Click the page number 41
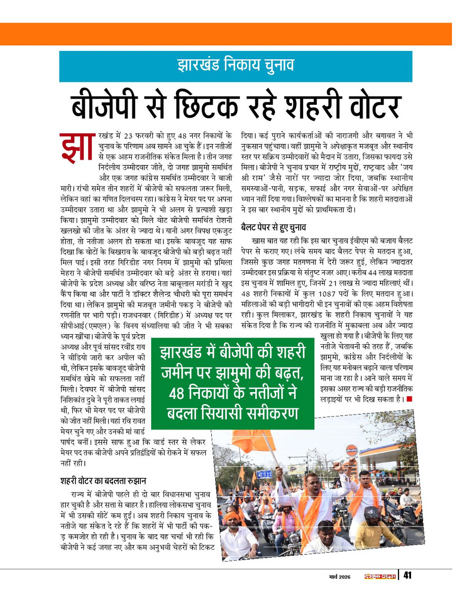pos(407,576)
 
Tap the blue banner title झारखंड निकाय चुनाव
pos(235,65)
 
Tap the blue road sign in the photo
pos(264,474)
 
